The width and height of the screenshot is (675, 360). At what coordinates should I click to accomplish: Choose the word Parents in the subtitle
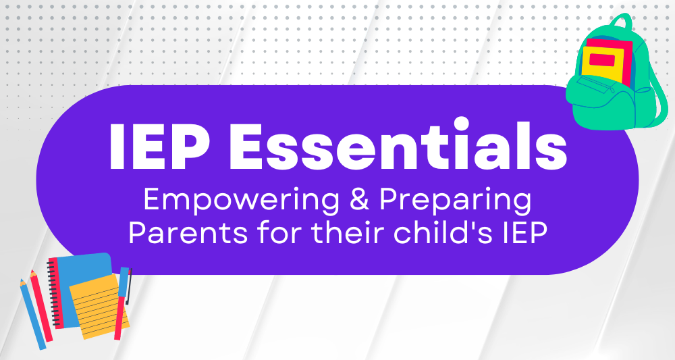pyautogui.click(x=188, y=234)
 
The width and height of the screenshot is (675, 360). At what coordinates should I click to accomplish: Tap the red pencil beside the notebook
pyautogui.click(x=41, y=306)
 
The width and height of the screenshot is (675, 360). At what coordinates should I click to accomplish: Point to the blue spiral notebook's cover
pyautogui.click(x=82, y=276)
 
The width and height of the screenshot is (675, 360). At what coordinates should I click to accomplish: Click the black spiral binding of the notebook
pyautogui.click(x=53, y=293)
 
